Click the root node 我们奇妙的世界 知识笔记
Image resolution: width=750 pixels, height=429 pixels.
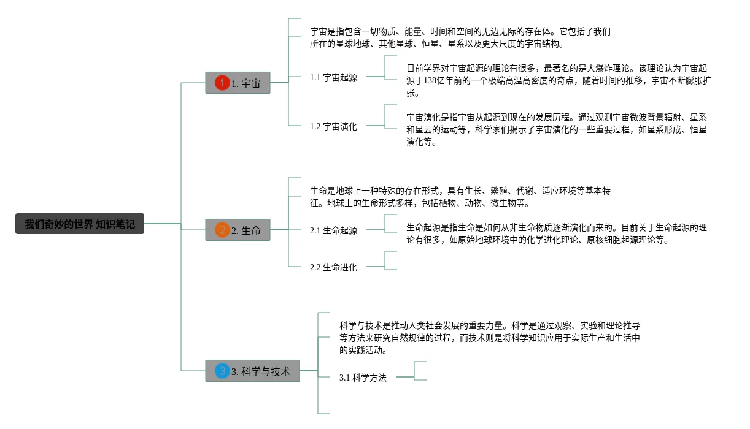tap(80, 224)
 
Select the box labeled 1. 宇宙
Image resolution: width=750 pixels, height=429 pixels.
tap(238, 83)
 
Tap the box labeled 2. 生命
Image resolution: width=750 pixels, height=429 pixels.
tap(238, 230)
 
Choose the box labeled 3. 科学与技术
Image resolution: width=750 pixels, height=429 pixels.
tap(252, 371)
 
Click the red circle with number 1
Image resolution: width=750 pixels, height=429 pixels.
tap(222, 83)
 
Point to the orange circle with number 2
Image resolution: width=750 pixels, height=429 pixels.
tap(222, 230)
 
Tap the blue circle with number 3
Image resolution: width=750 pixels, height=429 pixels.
tap(222, 371)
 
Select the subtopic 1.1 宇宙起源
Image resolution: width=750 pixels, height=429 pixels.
tap(333, 77)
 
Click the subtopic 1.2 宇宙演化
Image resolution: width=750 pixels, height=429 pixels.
tap(333, 126)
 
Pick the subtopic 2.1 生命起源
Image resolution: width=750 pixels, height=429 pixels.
tap(333, 230)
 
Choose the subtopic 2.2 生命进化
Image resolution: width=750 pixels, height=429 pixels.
tap(333, 267)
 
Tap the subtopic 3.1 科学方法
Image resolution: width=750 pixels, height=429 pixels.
tap(363, 378)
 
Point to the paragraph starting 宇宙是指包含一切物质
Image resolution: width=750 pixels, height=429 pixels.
tap(460, 37)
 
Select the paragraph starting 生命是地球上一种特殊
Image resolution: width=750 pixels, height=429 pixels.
tap(460, 197)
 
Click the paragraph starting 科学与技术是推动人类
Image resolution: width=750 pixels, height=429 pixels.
tap(490, 338)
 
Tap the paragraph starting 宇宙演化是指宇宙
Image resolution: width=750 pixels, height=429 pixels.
tap(557, 129)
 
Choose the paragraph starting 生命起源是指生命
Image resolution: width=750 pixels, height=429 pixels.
tap(557, 233)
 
